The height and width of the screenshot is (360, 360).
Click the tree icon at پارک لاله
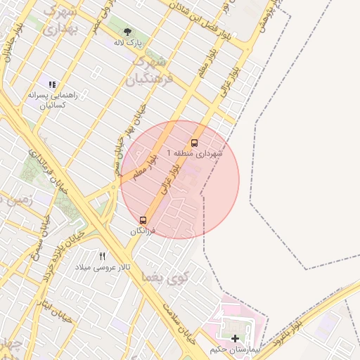(x=128, y=32)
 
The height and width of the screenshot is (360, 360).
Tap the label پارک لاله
(x=129, y=43)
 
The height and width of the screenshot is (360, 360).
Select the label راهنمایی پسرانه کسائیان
(x=47, y=98)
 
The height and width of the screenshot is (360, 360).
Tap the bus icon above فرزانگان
(x=143, y=220)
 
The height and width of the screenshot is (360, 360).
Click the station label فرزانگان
(x=143, y=231)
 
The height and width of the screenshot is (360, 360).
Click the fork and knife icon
(x=103, y=257)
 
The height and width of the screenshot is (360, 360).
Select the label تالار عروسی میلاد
(x=105, y=267)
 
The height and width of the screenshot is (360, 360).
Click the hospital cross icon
(x=235, y=338)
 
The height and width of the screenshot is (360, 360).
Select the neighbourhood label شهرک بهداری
(x=60, y=20)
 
